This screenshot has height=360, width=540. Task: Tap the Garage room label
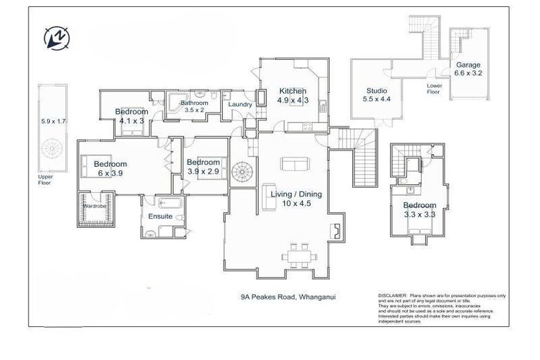point(468,65)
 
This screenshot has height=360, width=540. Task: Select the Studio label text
point(377,91)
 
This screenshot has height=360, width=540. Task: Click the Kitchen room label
point(292,91)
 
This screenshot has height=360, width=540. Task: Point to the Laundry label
point(240,105)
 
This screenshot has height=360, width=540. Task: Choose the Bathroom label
point(194,102)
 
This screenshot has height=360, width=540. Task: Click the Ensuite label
point(160,216)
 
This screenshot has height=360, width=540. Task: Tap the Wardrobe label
point(96,206)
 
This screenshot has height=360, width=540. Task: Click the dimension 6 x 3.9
point(111,173)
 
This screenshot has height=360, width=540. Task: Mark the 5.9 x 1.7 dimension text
point(53,122)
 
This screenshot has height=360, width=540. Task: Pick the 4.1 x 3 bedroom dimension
point(131,121)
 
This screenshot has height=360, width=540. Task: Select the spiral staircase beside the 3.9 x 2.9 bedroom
point(243,170)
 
